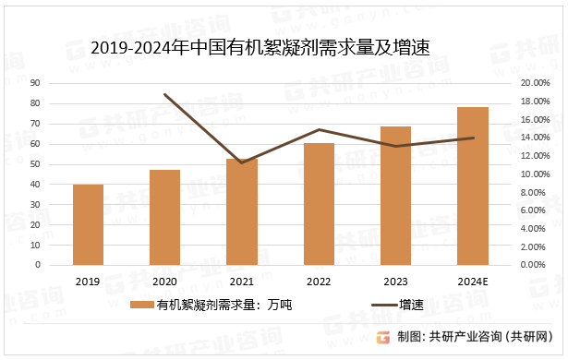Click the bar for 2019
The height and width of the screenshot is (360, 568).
tap(88, 224)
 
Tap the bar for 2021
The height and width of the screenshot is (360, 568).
tap(241, 211)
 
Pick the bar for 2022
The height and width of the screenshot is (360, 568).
tap(319, 203)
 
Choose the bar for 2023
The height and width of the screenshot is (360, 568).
tap(395, 195)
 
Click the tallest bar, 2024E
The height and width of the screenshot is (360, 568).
tap(473, 186)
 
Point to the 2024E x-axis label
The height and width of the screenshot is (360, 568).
tap(473, 282)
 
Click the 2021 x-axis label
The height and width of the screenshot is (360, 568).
tap(241, 282)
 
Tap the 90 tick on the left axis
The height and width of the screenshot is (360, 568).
tap(60, 83)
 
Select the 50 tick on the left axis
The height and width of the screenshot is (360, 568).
tap(60, 163)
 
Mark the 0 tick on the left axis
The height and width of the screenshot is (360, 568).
tap(63, 265)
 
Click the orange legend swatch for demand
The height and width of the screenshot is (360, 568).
tap(141, 305)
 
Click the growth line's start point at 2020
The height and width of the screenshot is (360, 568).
tap(164, 94)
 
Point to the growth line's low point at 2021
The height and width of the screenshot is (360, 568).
tap(241, 162)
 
